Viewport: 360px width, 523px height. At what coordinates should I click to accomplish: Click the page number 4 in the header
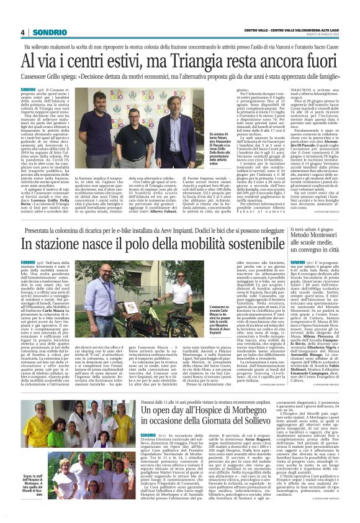tap(22, 32)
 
